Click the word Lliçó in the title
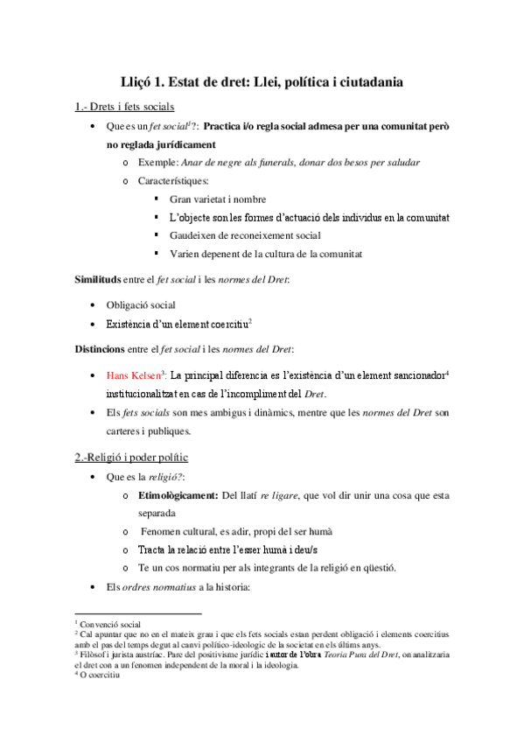click(142, 81)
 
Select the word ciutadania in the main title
click(363, 81)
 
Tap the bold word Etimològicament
click(178, 496)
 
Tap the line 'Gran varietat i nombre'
click(218, 199)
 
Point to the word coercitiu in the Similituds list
click(224, 323)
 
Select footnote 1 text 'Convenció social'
click(112, 625)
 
